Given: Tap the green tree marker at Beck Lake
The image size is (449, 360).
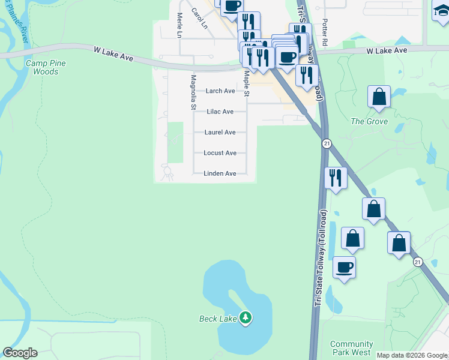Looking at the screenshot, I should coord(245,317).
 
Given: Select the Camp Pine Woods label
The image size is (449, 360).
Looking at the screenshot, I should coord(46,67).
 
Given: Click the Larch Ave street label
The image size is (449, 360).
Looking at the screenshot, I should coord(220,91).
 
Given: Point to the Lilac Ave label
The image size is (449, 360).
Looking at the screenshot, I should coord(220,112).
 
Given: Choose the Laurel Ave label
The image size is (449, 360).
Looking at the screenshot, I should coord(220,132).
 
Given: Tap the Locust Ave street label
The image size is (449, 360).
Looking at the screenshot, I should coord(220,153).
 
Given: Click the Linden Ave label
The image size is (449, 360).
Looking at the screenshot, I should coord(220,173).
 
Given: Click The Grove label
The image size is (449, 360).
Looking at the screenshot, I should coord(369,121).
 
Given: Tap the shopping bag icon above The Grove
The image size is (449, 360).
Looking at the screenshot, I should coord(379,97).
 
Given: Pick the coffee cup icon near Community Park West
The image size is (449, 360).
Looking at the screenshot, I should coord(345,267).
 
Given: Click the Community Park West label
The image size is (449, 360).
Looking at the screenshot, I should coord(351,349).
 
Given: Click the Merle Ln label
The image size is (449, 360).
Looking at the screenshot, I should coord(179,25).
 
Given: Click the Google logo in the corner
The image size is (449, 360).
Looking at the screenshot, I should coord(20,353).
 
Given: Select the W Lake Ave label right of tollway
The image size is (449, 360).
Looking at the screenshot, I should coord(387,51).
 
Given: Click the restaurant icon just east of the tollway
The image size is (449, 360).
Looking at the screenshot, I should coord(335,178).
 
